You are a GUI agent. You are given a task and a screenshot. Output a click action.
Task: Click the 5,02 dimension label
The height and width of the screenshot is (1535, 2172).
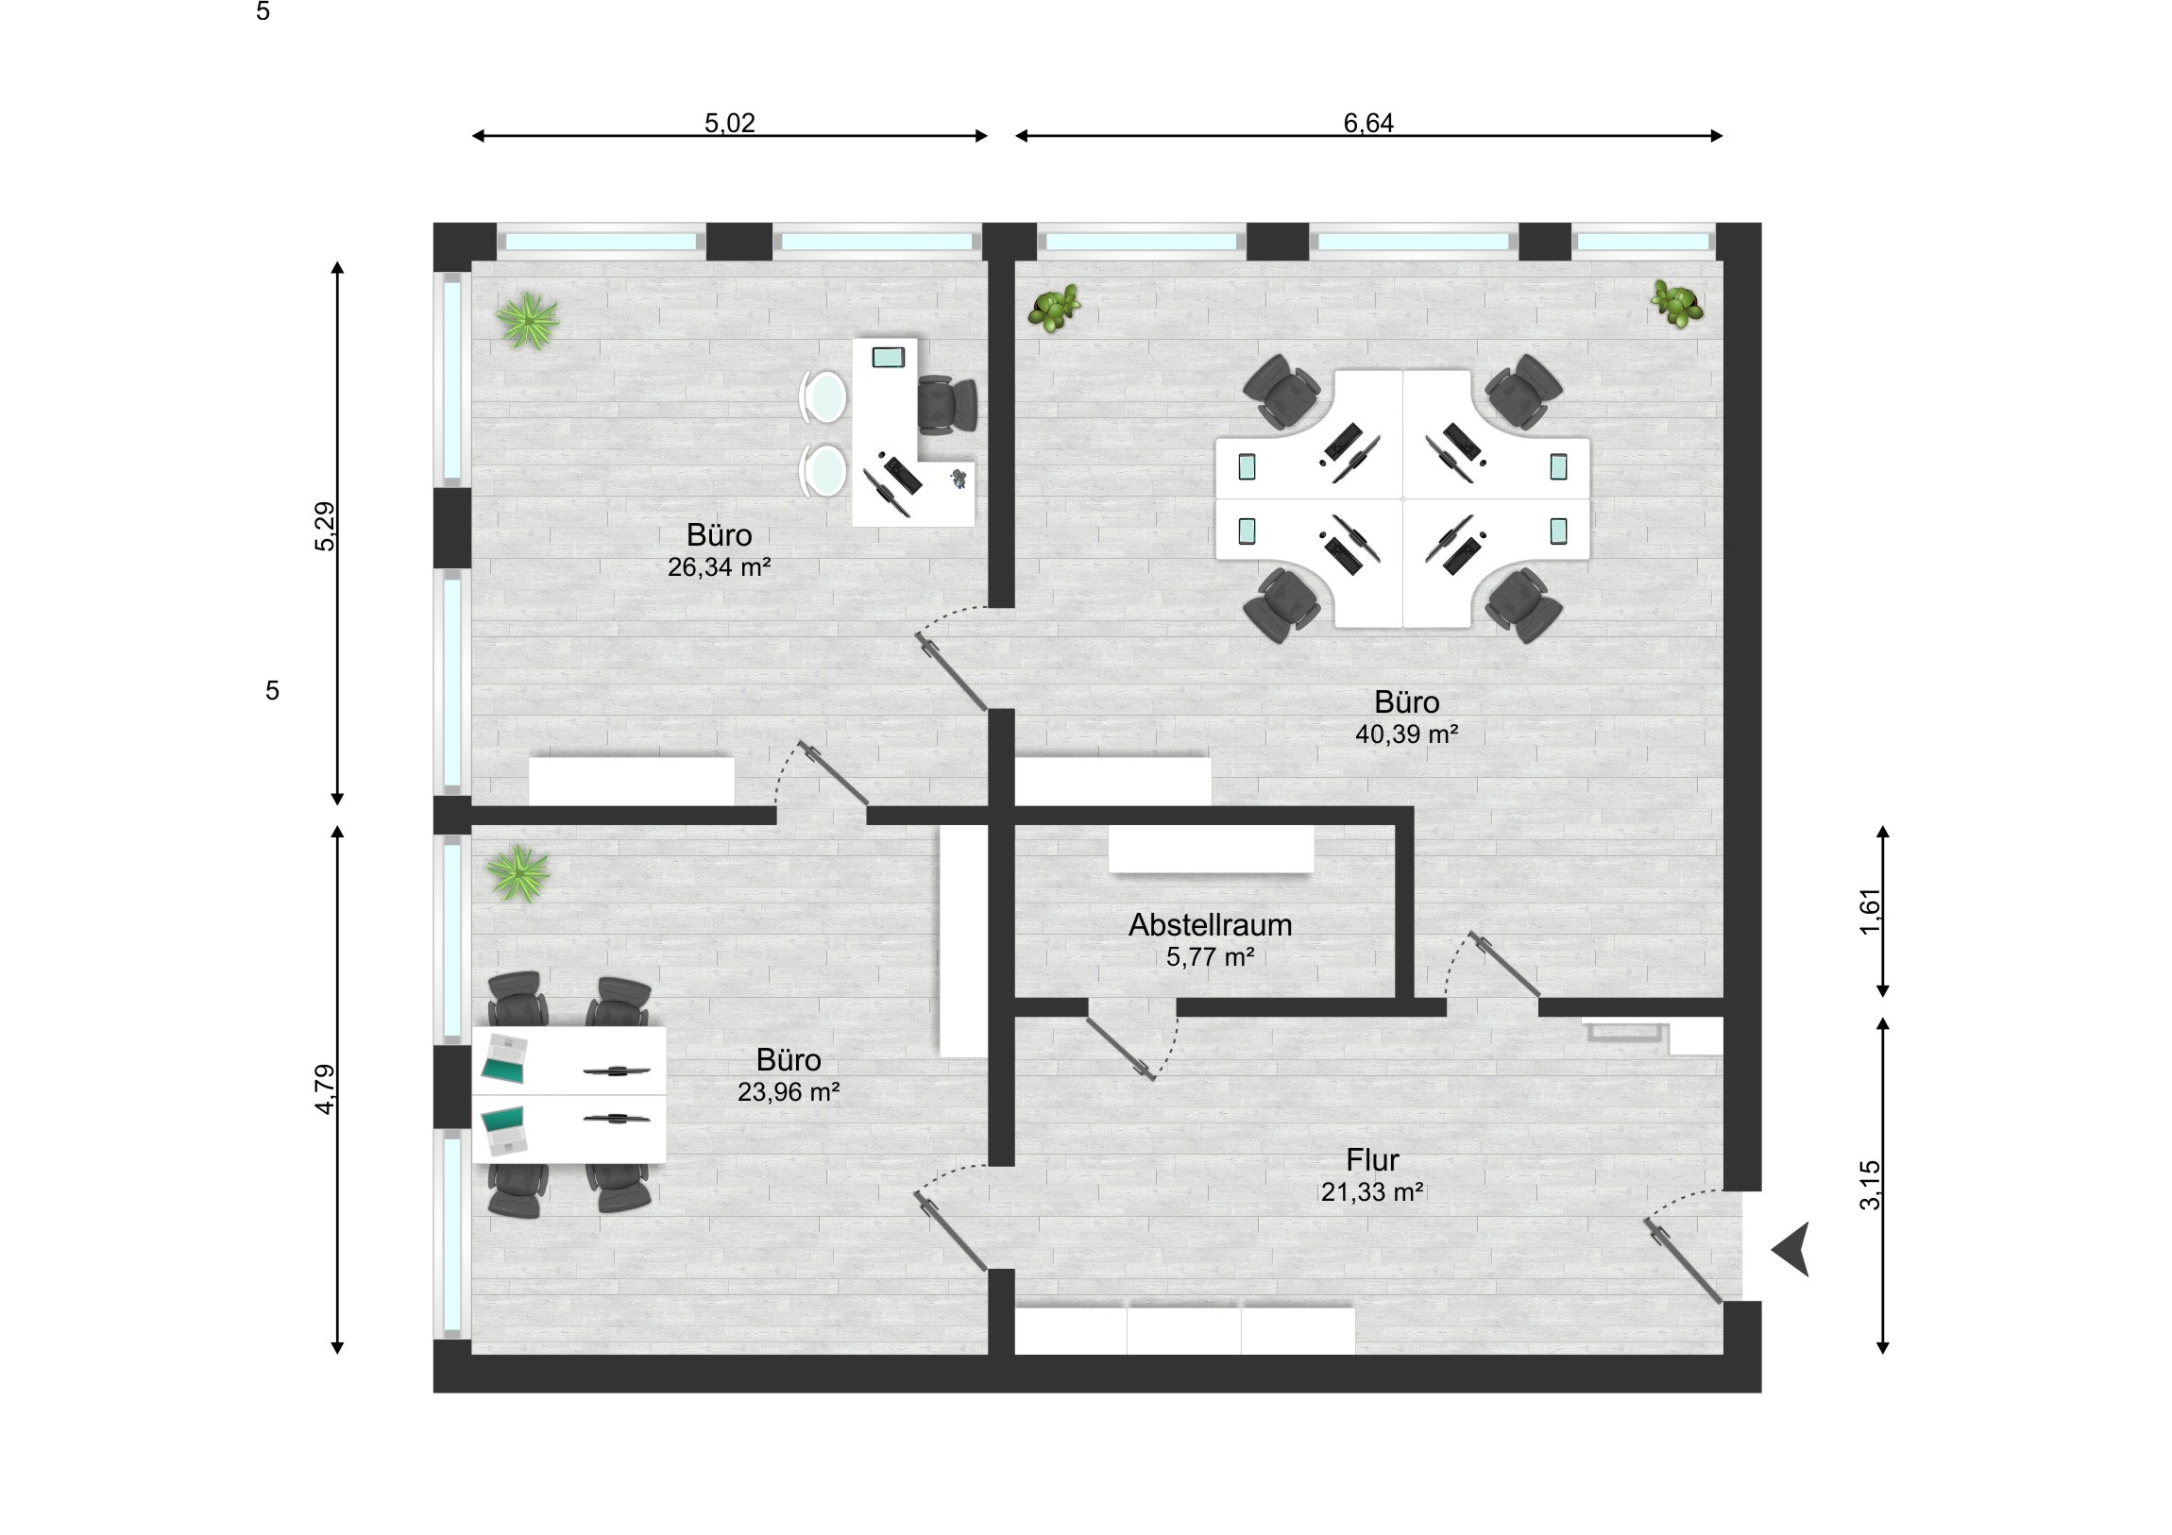click(x=729, y=123)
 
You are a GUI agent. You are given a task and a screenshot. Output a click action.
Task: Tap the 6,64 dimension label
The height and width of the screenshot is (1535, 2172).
click(x=1368, y=123)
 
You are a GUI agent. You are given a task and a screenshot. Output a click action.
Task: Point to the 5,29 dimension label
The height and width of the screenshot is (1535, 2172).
click(x=325, y=527)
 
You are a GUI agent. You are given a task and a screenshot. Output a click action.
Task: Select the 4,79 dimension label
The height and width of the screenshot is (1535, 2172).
click(x=325, y=1088)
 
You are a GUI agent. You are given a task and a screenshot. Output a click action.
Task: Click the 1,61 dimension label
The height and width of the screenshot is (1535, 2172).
click(x=1870, y=912)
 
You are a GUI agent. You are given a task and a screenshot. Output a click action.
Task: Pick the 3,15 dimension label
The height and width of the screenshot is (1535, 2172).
click(x=1870, y=1185)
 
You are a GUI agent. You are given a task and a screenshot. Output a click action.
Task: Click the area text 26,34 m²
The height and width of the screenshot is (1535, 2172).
click(x=719, y=567)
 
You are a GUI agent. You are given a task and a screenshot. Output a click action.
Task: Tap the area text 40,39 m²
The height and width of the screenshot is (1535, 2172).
click(x=1407, y=734)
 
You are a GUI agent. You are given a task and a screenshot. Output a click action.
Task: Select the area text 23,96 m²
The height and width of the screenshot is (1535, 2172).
click(x=789, y=1092)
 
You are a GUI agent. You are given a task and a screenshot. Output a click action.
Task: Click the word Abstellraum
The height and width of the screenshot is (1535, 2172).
click(x=1210, y=925)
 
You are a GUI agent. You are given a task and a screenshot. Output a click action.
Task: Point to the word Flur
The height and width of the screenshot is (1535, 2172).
click(x=1372, y=1159)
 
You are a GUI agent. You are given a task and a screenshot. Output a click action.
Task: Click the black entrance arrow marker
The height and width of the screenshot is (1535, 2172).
click(x=1791, y=1248)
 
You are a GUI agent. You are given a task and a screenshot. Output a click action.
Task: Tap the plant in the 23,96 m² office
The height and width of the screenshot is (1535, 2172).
click(x=518, y=873)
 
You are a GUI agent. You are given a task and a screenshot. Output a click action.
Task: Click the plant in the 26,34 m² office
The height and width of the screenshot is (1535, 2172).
click(x=527, y=321)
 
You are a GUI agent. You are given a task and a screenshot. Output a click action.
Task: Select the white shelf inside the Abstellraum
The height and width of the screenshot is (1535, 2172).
click(x=1211, y=851)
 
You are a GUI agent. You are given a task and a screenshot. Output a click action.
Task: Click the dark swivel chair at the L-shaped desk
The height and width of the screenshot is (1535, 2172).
click(x=947, y=405)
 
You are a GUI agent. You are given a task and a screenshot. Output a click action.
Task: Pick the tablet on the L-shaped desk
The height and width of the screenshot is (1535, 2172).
click(x=889, y=358)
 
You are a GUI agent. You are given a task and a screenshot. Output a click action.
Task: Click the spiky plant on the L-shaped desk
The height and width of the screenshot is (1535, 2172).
click(x=960, y=479)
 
